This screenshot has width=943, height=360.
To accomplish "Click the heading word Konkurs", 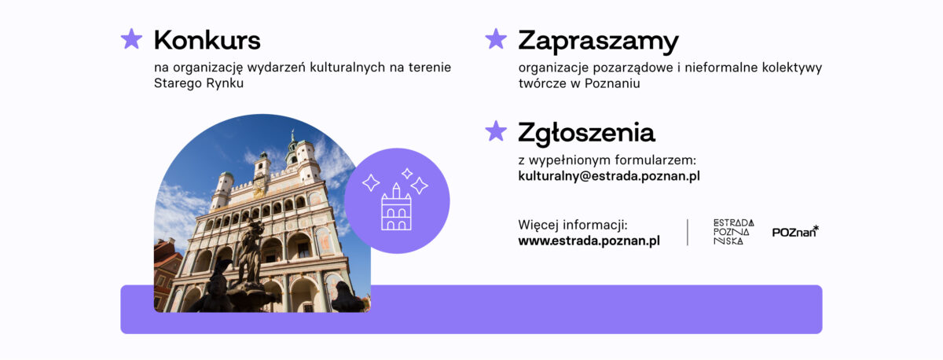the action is [x=207, y=40].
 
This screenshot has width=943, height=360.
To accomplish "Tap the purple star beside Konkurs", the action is [x=131, y=39].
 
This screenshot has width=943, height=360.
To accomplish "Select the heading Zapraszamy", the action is [x=598, y=42].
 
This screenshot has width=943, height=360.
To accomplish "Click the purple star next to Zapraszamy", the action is [x=496, y=39].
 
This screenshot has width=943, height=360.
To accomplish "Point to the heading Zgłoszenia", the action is [x=586, y=134].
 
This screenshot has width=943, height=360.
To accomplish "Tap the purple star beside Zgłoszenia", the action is [x=496, y=131].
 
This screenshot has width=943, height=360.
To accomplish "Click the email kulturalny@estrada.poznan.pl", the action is [x=609, y=176].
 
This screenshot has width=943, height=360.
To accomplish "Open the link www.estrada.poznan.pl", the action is [x=589, y=241].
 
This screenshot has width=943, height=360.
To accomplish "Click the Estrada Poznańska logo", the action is [x=733, y=232].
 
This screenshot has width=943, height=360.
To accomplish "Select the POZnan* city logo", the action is [x=795, y=232].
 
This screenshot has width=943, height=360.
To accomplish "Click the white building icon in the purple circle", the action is [x=396, y=207].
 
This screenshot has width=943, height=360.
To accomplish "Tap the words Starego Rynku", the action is [x=199, y=83].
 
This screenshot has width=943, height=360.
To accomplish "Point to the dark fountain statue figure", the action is [x=250, y=252].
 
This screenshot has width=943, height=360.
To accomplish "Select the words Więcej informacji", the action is [x=573, y=225].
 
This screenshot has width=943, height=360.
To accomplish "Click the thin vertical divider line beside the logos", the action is [x=688, y=232].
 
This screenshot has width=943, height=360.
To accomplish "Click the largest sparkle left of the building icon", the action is [x=371, y=182].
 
